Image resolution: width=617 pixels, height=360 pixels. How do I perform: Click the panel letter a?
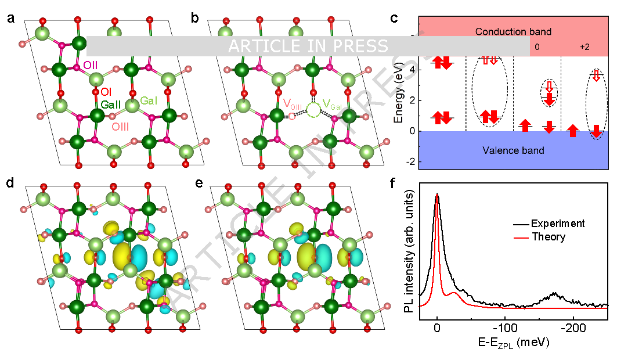pyautogui.click(x=11, y=18)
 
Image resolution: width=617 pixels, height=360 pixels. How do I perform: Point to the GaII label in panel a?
pyautogui.click(x=111, y=105)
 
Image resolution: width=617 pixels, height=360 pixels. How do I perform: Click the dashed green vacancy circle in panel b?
pyautogui.click(x=313, y=110)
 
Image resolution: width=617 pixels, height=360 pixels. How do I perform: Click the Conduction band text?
pyautogui.click(x=513, y=32)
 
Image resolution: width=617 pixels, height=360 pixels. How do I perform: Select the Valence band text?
pyautogui.click(x=513, y=151)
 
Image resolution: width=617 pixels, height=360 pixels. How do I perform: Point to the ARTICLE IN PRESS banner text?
pyautogui.click(x=308, y=46)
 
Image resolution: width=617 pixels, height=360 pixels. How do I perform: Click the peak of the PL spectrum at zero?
pyautogui.click(x=437, y=195)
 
